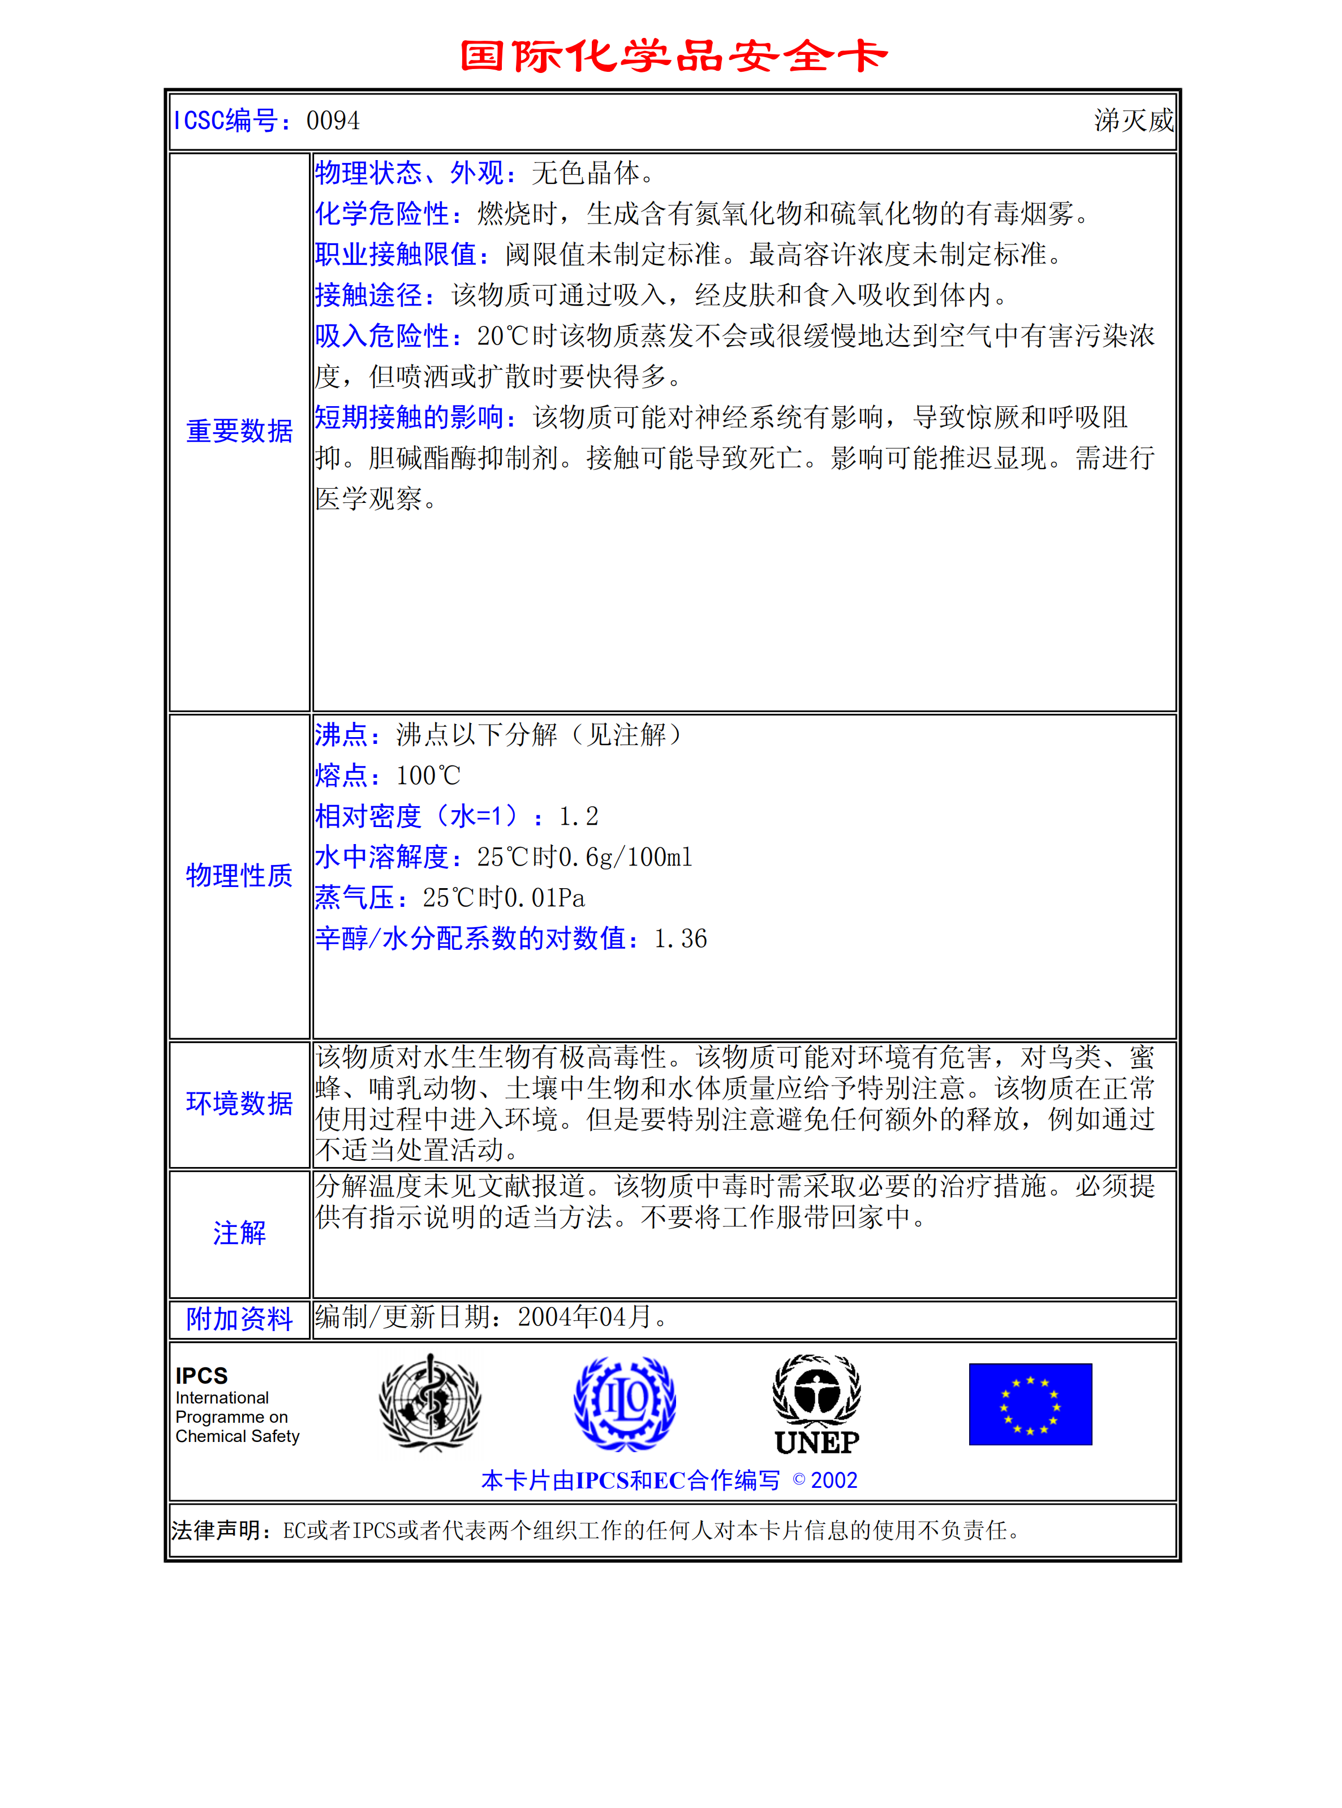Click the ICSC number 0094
click(333, 121)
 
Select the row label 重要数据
click(240, 431)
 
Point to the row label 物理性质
click(240, 876)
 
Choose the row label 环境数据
click(240, 1104)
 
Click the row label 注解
click(240, 1233)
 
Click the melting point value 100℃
click(428, 776)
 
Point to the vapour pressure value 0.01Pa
click(544, 898)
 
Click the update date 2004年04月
click(585, 1316)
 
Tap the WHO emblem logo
click(431, 1403)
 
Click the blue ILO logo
click(625, 1403)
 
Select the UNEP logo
click(816, 1405)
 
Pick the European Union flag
click(1030, 1404)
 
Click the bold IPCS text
click(201, 1376)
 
